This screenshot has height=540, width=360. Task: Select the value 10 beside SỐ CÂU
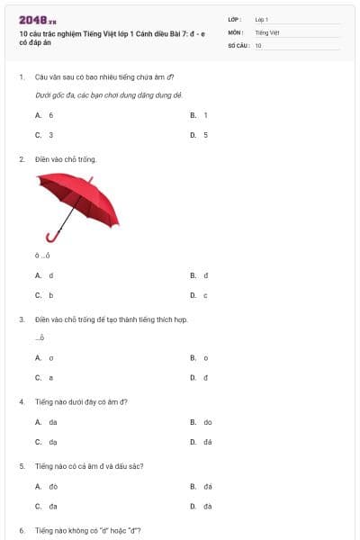click(258, 44)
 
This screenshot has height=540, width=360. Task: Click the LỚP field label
click(235, 19)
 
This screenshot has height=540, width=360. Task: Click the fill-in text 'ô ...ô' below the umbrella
click(42, 256)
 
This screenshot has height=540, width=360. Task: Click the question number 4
click(22, 401)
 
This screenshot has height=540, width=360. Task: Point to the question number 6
click(22, 530)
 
